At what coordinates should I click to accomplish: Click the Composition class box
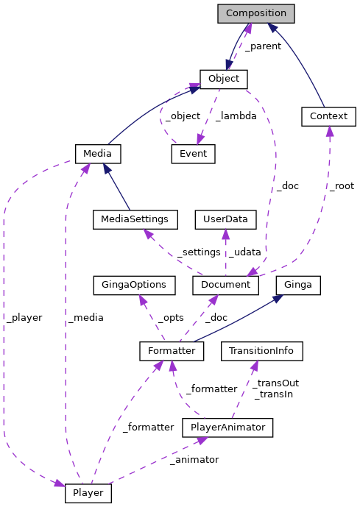[256, 13]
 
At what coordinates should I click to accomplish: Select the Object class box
[223, 79]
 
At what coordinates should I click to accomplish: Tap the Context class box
[328, 116]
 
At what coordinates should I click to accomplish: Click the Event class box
[193, 154]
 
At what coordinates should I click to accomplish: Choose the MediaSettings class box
[135, 219]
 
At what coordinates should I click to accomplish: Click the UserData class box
[225, 219]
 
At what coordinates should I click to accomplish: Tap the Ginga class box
[298, 285]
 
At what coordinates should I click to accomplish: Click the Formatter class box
[171, 351]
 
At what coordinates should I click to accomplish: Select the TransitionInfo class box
[262, 351]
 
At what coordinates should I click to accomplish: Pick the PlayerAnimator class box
[227, 427]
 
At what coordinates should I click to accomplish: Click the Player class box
[88, 492]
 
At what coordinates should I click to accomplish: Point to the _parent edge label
[263, 46]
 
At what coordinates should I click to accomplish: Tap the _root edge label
[342, 187]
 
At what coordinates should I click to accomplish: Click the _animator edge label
[194, 459]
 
